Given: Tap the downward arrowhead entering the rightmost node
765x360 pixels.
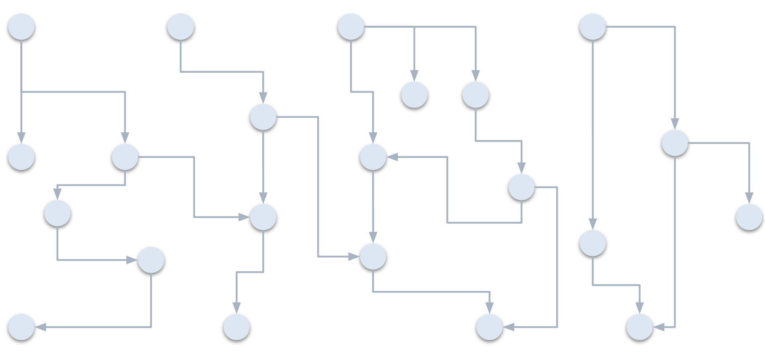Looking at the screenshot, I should [749, 198].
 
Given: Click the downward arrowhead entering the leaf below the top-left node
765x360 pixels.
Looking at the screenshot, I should [21, 138].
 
